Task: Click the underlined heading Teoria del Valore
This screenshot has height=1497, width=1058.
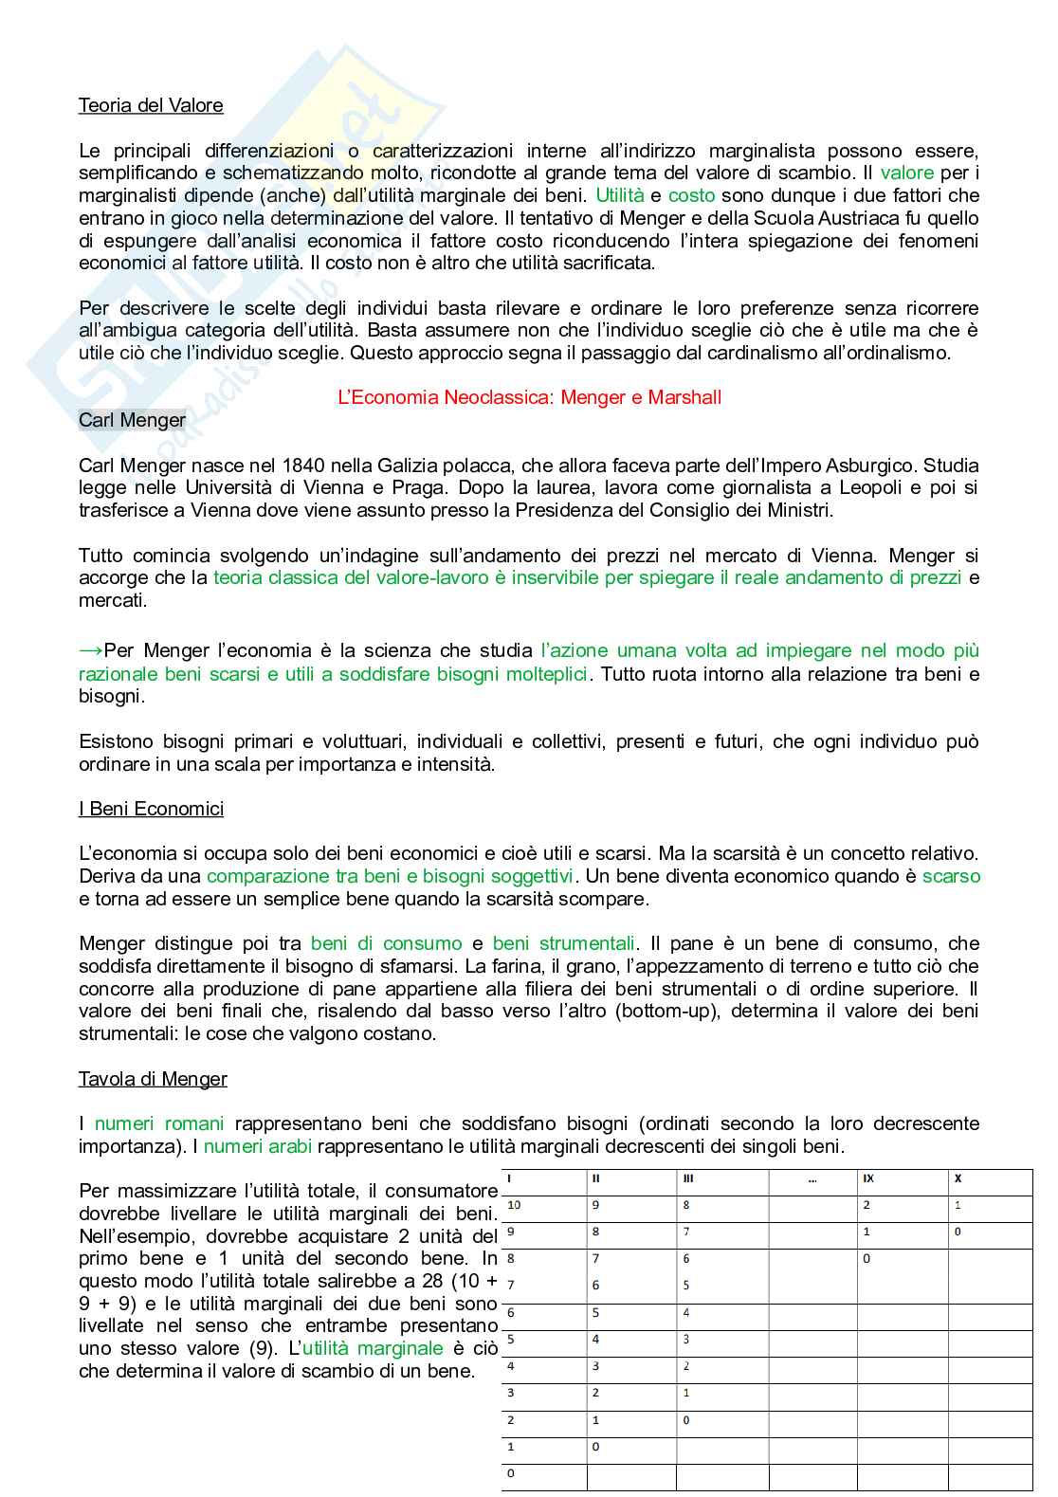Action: tap(151, 105)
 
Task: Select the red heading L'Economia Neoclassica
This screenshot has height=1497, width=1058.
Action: tap(529, 397)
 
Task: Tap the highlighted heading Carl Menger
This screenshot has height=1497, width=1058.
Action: tap(132, 419)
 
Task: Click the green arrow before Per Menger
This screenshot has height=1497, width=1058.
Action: tap(90, 650)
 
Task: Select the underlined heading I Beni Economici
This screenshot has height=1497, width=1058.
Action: tap(151, 809)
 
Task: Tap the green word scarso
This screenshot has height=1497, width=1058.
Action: tap(951, 876)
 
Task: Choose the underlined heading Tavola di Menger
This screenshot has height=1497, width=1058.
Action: tap(153, 1079)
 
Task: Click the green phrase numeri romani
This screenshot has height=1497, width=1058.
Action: tap(159, 1123)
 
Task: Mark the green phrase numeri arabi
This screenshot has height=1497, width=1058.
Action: tap(258, 1146)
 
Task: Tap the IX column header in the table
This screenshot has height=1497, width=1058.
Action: tap(868, 1179)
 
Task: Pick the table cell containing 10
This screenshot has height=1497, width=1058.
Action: tap(515, 1206)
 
